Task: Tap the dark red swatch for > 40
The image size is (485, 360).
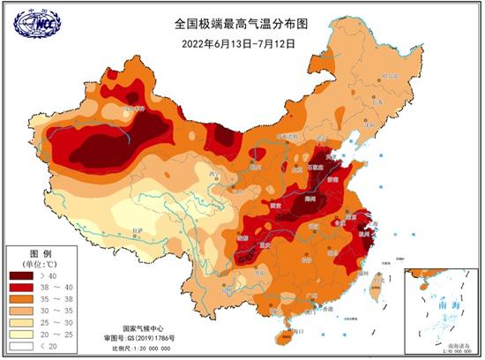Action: tap(22, 275)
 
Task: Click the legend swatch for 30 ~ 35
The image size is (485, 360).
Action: tap(22, 312)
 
